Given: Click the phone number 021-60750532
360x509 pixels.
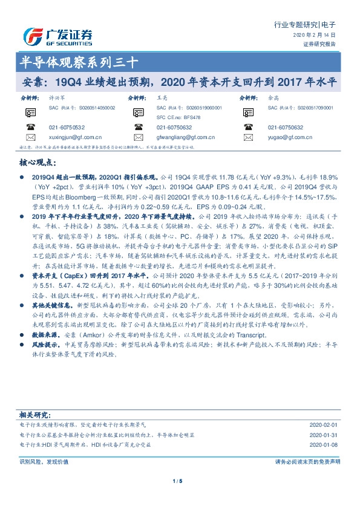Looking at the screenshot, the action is (x=67, y=127).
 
